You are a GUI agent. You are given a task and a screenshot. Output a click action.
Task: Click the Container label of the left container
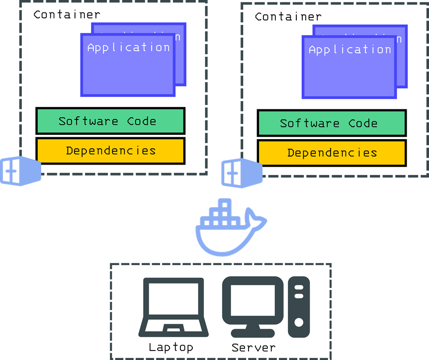pyautogui.click(x=67, y=14)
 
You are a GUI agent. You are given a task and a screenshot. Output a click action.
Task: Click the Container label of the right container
pyautogui.click(x=288, y=16)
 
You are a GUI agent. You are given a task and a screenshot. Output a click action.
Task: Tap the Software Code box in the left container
pyautogui.click(x=110, y=121)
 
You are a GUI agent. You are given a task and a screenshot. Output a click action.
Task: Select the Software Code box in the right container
pyautogui.click(x=332, y=123)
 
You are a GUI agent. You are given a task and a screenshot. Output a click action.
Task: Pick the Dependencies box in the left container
pyautogui.click(x=110, y=151)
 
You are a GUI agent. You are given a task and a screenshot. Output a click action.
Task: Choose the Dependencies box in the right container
pyautogui.click(x=332, y=153)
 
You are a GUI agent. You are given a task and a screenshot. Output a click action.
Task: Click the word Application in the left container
pyautogui.click(x=128, y=48)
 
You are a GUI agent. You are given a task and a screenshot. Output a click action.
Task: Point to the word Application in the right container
pyautogui.click(x=349, y=50)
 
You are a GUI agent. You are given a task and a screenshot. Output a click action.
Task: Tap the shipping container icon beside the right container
pyautogui.click(x=241, y=173)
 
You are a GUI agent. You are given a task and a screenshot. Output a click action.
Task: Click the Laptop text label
pyautogui.click(x=171, y=347)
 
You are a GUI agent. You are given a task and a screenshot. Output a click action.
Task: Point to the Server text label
pyautogui.click(x=254, y=347)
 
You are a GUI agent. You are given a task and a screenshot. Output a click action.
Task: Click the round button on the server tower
pyautogui.click(x=299, y=322)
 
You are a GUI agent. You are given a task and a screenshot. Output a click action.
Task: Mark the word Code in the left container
pyautogui.click(x=142, y=121)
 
